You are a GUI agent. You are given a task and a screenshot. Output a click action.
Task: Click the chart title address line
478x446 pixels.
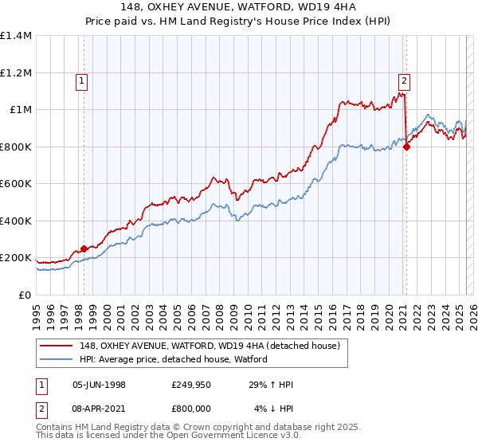[x=238, y=8]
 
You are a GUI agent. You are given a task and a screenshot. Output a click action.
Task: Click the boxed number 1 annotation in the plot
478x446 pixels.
[x=83, y=80]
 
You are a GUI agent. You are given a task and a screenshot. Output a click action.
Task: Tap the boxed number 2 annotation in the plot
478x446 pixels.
[x=405, y=80]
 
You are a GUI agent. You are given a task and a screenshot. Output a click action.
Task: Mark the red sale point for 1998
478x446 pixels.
[x=84, y=249]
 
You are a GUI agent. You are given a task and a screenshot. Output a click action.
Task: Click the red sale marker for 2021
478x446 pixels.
[x=406, y=147]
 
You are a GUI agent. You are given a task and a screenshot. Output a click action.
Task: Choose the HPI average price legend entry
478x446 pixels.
[x=173, y=360]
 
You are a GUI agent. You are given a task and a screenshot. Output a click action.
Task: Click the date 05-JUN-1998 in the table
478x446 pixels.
[x=99, y=385]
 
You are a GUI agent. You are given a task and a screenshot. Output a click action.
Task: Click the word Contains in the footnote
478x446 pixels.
[x=54, y=428]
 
